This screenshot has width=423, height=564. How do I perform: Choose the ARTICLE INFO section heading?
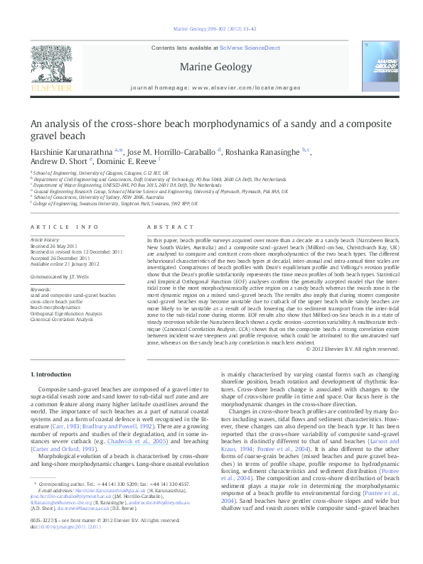pyautogui.click(x=64, y=227)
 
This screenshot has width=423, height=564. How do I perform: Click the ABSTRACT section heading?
pyautogui.click(x=163, y=227)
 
